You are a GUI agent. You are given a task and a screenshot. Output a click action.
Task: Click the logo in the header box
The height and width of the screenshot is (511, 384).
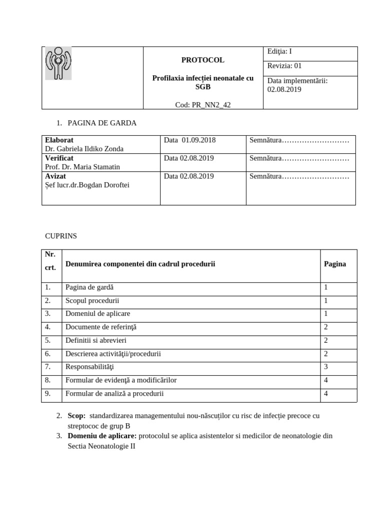tap(58, 63)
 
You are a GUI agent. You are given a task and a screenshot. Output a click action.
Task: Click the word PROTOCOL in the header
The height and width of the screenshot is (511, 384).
tap(202, 60)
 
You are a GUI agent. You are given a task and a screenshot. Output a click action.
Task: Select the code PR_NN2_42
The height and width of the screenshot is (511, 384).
tap(202, 104)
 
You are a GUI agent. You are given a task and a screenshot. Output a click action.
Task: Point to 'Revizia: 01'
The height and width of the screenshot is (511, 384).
tap(284, 66)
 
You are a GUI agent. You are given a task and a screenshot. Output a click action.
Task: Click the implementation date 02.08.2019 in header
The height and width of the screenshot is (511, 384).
tap(284, 90)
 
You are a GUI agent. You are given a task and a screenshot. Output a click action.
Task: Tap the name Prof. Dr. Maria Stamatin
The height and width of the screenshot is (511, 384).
tap(82, 167)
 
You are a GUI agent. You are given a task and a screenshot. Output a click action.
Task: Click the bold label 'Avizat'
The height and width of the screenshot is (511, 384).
tap(55, 176)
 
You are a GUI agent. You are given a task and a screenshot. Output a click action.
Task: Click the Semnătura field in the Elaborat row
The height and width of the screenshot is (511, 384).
tap(299, 140)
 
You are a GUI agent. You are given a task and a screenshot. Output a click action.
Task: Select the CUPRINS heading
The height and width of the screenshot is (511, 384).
tap(59, 236)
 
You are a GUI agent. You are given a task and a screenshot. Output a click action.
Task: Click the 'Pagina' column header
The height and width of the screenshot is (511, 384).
tap(335, 264)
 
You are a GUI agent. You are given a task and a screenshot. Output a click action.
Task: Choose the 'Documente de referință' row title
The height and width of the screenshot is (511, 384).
tap(100, 327)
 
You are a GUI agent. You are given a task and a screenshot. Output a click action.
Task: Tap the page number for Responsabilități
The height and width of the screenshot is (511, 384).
tap(326, 367)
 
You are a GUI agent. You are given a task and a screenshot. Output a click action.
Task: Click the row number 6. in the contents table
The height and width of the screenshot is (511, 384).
tap(47, 354)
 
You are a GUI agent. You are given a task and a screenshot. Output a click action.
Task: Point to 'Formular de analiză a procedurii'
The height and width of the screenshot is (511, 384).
tap(114, 394)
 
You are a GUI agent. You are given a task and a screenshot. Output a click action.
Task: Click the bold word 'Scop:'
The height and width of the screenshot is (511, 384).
tap(76, 416)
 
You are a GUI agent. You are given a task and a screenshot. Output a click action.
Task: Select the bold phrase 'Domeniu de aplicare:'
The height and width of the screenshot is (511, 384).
tap(102, 436)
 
